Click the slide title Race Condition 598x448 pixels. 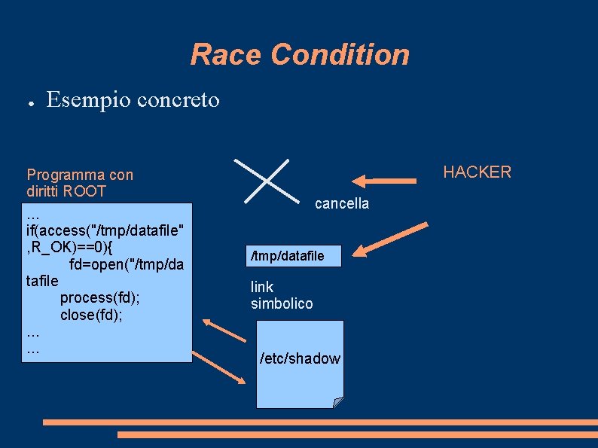(x=300, y=55)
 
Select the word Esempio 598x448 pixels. (x=83, y=99)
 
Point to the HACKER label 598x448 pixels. (x=477, y=172)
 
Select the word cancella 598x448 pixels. (x=342, y=204)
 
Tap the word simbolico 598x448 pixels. (x=282, y=303)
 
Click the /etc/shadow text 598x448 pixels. (x=300, y=358)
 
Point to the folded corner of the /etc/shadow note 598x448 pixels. (x=338, y=402)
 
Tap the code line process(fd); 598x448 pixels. (x=100, y=297)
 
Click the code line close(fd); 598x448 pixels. (x=91, y=314)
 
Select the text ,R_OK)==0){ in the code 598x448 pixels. (x=69, y=247)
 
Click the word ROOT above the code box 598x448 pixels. (x=84, y=191)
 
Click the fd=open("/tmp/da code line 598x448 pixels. (x=127, y=264)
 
